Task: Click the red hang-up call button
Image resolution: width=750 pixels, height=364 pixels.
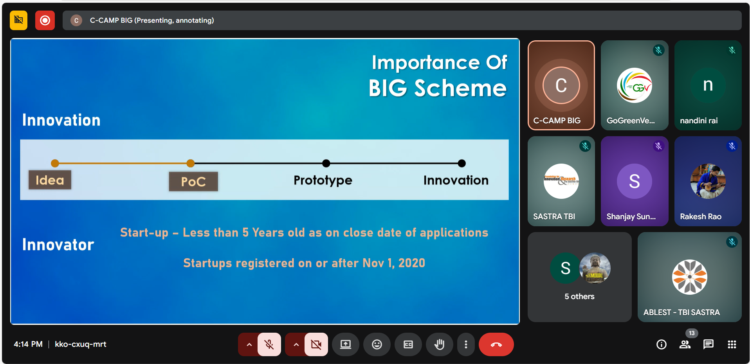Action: pos(496,344)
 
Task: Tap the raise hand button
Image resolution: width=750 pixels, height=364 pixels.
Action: pos(439,344)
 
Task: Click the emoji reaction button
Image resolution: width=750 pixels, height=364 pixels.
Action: pos(377,344)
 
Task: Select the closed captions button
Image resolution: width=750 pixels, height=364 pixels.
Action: pos(408,344)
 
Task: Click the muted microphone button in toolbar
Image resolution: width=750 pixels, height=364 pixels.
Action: pos(269,344)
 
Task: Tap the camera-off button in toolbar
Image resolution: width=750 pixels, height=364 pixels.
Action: pos(316,344)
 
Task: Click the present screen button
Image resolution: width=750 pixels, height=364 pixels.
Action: pos(345,344)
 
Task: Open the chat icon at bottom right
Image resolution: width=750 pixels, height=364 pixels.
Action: pos(708,344)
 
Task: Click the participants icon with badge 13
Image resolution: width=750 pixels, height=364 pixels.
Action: pos(685,344)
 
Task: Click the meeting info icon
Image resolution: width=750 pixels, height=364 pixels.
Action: pos(661,344)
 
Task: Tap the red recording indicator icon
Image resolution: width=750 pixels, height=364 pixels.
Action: pos(45,20)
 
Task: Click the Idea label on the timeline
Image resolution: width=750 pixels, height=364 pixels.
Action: pos(50,180)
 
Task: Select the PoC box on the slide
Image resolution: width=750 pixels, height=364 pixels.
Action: pos(193,182)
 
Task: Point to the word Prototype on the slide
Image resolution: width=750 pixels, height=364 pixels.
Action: pos(323,180)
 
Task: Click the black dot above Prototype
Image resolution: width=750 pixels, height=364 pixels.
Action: pos(326,163)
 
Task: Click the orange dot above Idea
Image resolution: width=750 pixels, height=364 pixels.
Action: pos(55,163)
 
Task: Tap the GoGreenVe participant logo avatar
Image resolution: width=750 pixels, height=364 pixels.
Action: pos(634,85)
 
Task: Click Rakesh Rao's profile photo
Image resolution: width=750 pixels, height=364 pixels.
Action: pos(708,181)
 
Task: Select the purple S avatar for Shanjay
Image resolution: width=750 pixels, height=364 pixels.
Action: pos(634,181)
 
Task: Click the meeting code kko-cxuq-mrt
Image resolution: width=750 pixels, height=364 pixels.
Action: pos(81,344)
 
